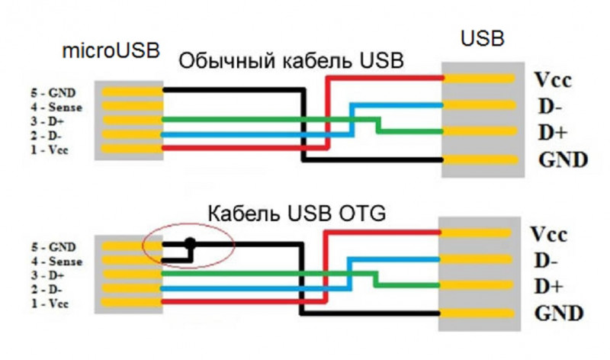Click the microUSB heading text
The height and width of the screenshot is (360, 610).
click(112, 52)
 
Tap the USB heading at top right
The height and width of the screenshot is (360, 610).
click(483, 38)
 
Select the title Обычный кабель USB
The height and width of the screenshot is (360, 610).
click(291, 60)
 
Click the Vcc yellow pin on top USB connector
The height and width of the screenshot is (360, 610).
click(481, 77)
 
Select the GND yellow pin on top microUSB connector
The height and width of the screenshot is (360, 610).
click(128, 92)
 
